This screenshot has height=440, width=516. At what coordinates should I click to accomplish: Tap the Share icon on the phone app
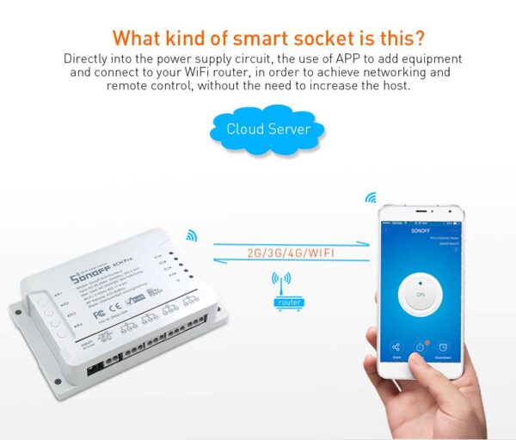point(396,346)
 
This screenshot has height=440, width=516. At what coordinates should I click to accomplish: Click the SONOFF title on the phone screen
point(421,231)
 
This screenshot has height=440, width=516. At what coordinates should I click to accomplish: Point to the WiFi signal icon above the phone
point(372,198)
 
